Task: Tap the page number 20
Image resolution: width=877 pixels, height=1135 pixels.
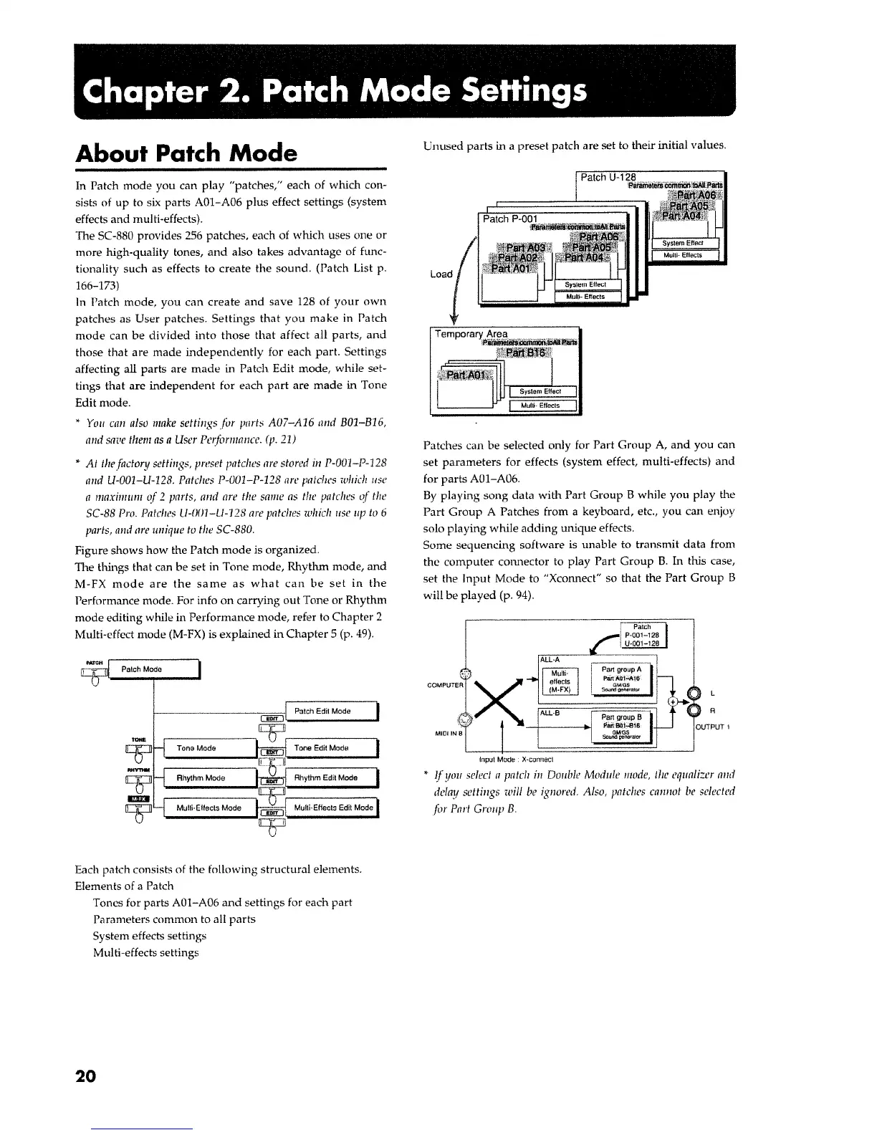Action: [x=84, y=1076]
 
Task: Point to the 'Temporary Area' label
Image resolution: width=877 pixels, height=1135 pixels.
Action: [x=471, y=334]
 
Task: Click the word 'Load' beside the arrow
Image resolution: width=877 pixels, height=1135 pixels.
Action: [x=441, y=274]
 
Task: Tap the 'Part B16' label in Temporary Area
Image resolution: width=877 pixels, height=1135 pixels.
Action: [x=525, y=353]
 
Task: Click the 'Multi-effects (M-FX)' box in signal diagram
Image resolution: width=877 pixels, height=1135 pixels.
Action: [x=559, y=681]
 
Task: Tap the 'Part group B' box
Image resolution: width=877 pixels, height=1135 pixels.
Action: [x=620, y=727]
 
